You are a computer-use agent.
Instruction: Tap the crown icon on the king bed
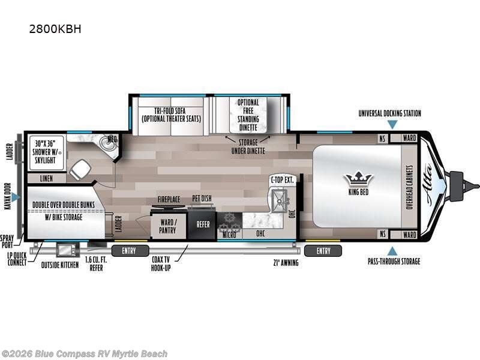pyautogui.click(x=359, y=179)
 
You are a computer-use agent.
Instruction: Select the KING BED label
pyautogui.click(x=359, y=193)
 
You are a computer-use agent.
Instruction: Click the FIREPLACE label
pyautogui.click(x=169, y=199)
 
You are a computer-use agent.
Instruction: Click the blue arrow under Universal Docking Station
pyautogui.click(x=392, y=125)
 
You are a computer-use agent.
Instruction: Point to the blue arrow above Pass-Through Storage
pyautogui.click(x=392, y=250)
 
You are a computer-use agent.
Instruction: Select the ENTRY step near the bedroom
pyautogui.click(x=324, y=250)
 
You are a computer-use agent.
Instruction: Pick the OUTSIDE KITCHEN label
pyautogui.click(x=60, y=265)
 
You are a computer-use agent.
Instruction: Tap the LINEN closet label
pyautogui.click(x=46, y=179)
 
